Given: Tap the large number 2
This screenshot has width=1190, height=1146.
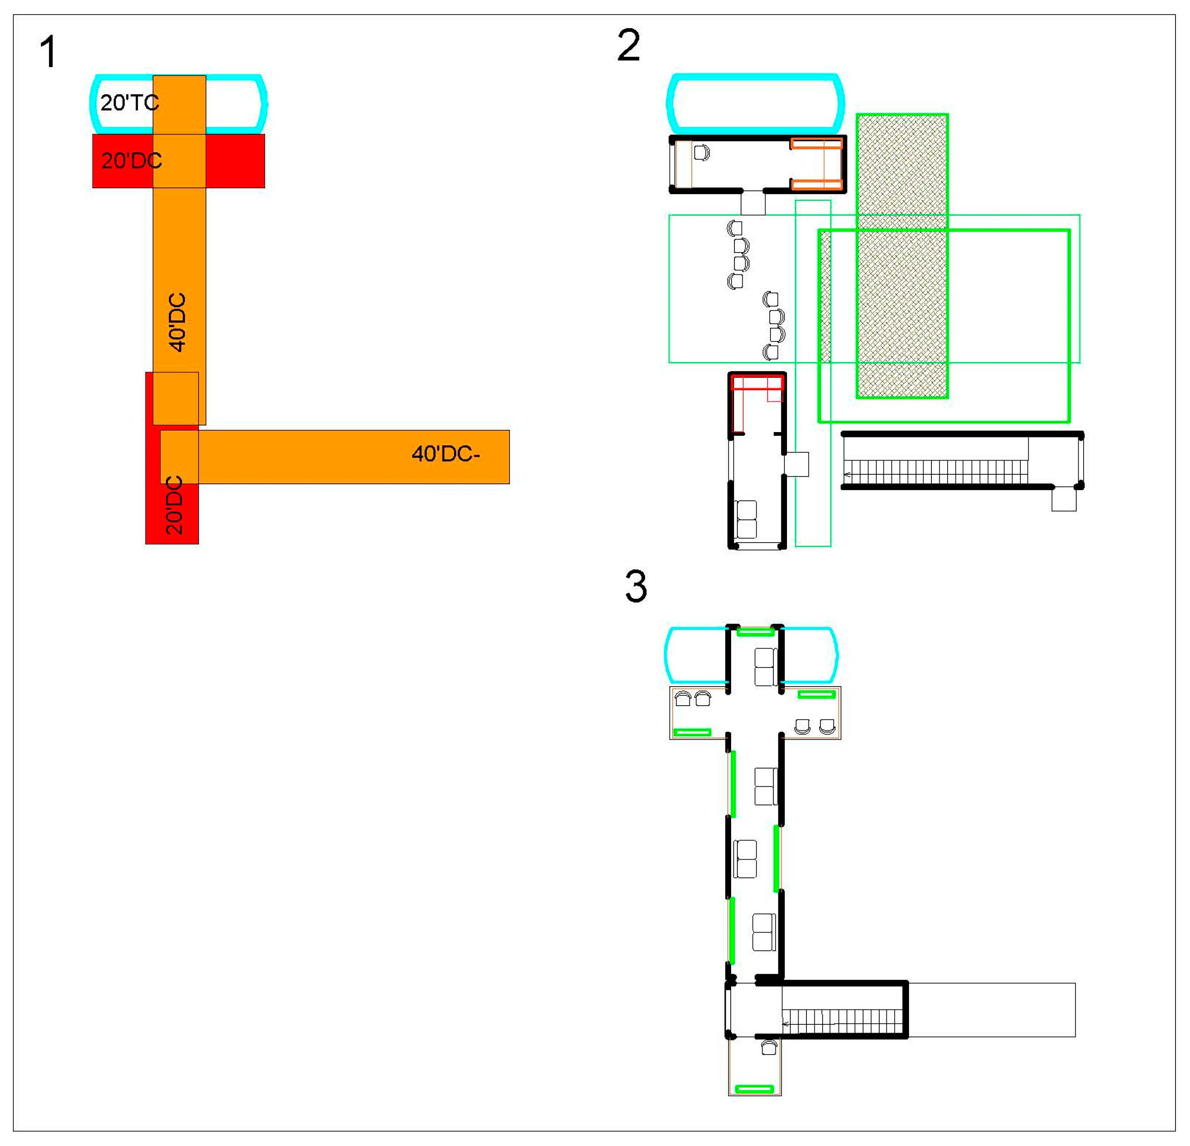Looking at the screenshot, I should (x=629, y=46).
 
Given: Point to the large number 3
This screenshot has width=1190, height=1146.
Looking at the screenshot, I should (x=636, y=587).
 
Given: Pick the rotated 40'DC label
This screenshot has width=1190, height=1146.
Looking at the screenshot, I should (x=177, y=322).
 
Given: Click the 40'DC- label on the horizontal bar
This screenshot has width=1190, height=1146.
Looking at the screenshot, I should (x=446, y=454).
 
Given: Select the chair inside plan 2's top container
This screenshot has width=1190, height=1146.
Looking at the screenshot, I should (x=701, y=152).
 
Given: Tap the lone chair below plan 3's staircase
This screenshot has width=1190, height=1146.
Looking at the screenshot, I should (x=769, y=1047).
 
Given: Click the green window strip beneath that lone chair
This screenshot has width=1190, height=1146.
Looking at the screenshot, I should (x=754, y=1089).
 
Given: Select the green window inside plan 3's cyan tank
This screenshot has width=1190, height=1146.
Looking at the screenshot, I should (x=755, y=632).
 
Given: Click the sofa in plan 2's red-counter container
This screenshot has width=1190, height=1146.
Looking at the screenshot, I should (x=746, y=519).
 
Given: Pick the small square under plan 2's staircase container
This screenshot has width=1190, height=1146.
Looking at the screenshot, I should (x=1064, y=499).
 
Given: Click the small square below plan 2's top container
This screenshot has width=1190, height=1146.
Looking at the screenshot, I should (x=753, y=203).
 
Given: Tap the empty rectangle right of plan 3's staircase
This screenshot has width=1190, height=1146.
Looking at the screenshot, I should (x=991, y=1010).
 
